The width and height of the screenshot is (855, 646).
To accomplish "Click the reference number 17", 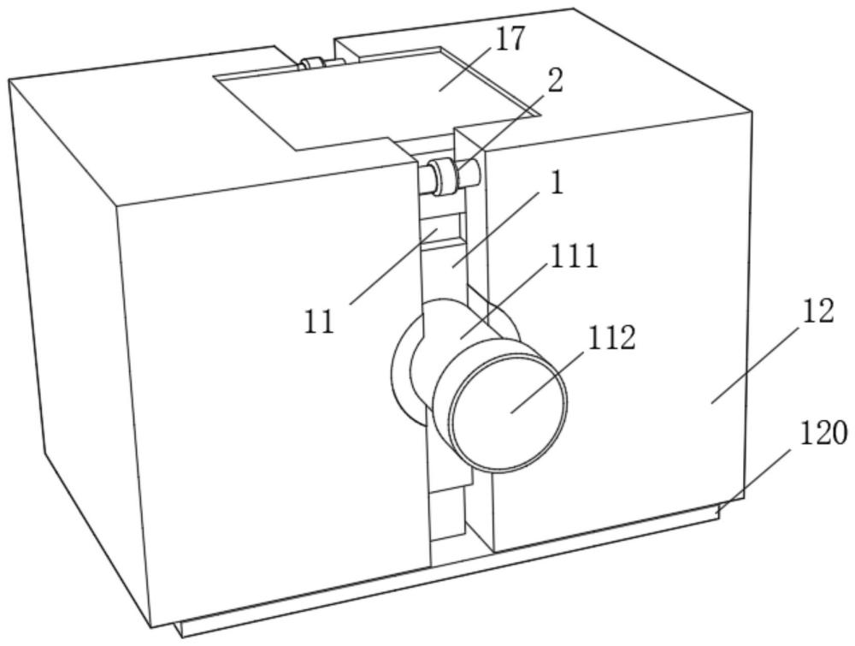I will click(x=511, y=39).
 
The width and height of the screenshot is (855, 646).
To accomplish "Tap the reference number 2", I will click(x=556, y=81).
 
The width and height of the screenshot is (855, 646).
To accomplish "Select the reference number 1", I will click(x=557, y=184).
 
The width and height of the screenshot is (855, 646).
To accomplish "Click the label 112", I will click(x=610, y=339).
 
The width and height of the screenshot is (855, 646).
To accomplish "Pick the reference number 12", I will click(x=818, y=311).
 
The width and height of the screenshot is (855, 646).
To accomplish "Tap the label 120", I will click(x=823, y=434).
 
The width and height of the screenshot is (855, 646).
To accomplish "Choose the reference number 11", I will click(x=320, y=322).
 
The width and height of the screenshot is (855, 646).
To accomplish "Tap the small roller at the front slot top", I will click(x=445, y=175).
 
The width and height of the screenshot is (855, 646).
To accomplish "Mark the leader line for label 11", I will click(x=393, y=265).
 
